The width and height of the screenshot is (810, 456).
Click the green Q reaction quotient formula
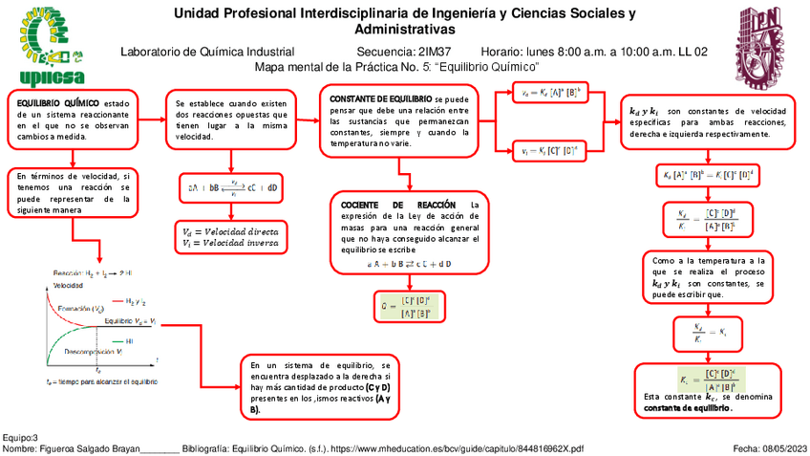coord(407,306)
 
